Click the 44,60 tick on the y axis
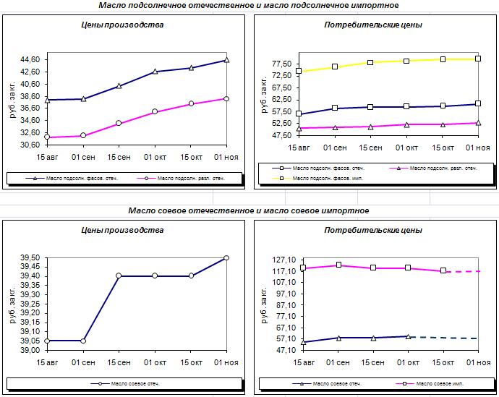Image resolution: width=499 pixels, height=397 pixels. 30,59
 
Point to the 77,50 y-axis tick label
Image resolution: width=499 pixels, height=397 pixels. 281,64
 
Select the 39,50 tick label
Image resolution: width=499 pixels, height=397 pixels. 30,257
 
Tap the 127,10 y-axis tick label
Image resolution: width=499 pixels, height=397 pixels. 284,260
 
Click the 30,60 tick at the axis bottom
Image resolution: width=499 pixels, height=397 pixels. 30,145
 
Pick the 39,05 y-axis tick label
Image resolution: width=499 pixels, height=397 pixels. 30,341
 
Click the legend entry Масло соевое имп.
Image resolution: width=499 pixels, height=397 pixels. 430,384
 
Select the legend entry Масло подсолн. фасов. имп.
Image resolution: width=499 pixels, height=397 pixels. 317,179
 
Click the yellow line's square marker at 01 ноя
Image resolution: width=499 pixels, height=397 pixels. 478,59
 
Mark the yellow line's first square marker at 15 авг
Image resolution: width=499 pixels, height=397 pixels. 299,71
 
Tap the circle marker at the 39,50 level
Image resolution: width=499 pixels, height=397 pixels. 226,257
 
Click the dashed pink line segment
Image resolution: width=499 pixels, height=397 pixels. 464,271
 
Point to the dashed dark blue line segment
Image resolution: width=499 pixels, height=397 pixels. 444,338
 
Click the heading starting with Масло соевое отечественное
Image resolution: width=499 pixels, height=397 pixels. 249,210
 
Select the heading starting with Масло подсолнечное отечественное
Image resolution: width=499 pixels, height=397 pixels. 249,5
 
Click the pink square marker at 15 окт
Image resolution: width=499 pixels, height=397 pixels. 443,270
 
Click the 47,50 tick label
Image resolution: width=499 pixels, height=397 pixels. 281,135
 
